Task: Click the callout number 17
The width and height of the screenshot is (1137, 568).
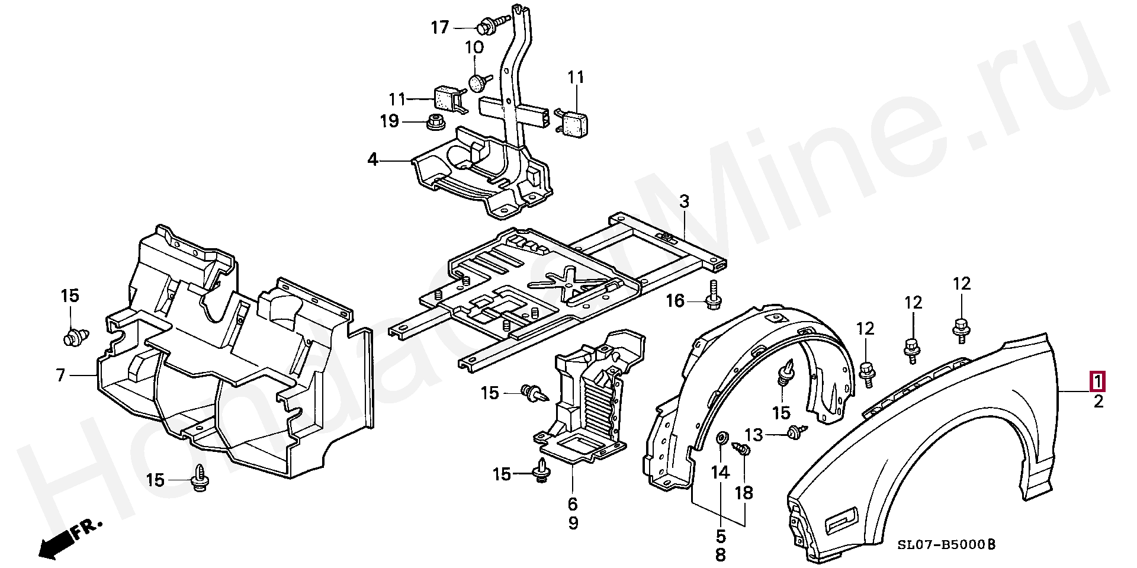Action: [439, 28]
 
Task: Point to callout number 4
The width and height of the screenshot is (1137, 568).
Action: [372, 143]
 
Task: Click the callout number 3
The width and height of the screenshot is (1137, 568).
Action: [684, 202]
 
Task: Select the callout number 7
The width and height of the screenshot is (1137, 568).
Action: [60, 375]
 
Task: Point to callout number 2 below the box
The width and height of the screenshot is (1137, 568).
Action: [1099, 402]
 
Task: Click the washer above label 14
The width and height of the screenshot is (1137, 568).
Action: [722, 438]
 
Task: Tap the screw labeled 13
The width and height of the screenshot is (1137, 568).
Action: [795, 434]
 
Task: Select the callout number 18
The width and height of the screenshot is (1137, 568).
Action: [744, 493]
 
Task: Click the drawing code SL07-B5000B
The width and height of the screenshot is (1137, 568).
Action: [946, 544]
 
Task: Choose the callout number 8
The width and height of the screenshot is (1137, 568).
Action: [720, 555]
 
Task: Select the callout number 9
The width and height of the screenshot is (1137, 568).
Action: [573, 524]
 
